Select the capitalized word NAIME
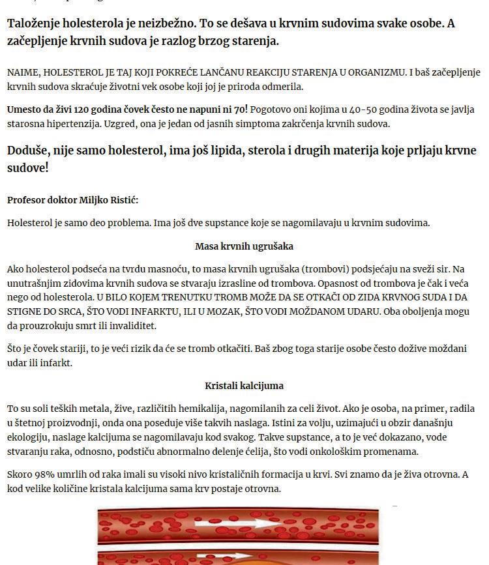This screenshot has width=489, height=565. click(23, 72)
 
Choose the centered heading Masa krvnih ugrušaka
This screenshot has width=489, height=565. click(244, 246)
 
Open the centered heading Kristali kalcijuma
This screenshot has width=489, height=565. click(244, 385)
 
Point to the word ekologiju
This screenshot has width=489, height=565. click(29, 437)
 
